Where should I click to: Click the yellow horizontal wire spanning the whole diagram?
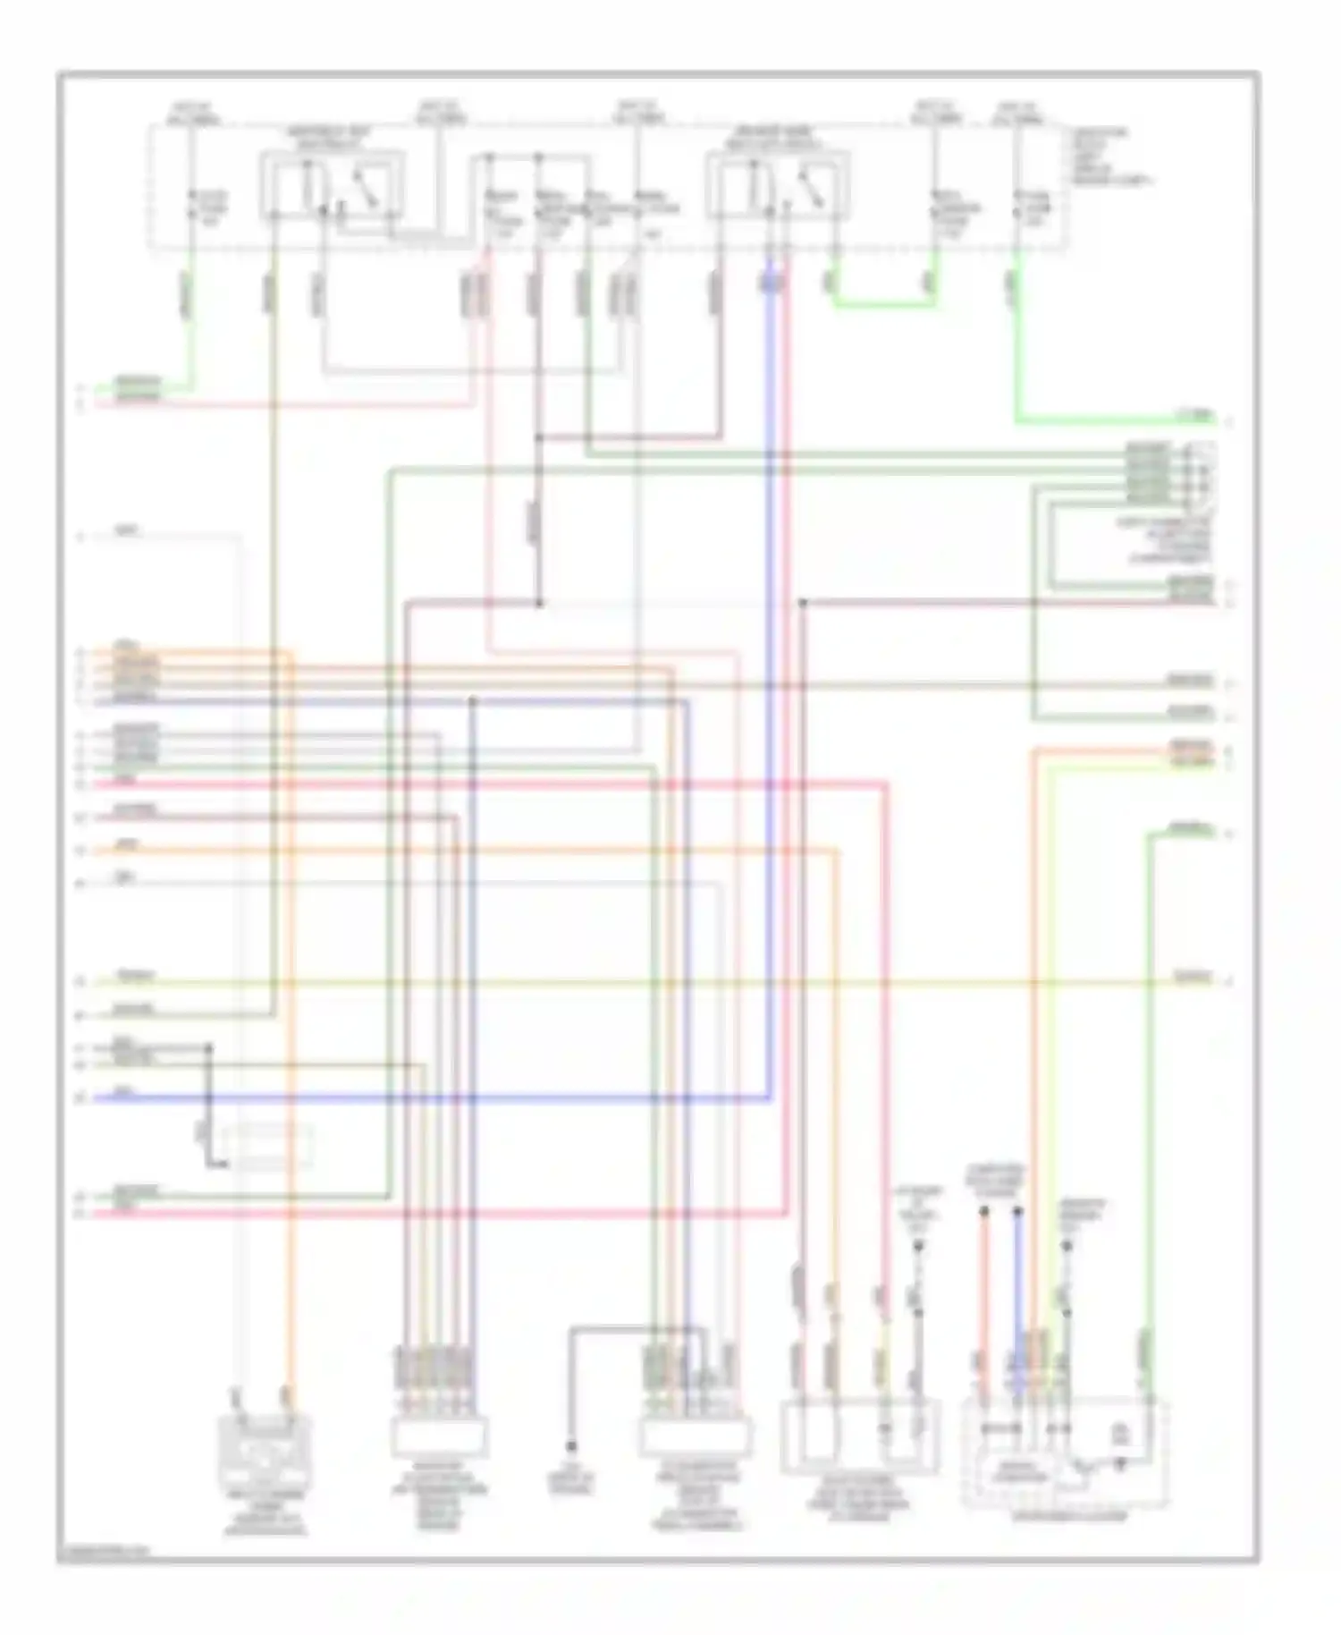[626, 982]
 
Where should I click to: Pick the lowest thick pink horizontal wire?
[447, 1213]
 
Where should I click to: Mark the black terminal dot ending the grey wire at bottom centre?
[571, 1446]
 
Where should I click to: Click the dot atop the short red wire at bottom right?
[984, 1211]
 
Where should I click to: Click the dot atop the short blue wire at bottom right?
[1018, 1211]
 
